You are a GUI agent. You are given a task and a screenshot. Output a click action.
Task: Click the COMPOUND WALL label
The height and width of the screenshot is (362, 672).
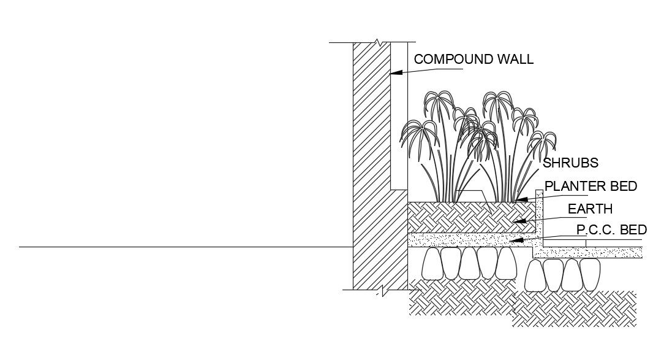point(474,60)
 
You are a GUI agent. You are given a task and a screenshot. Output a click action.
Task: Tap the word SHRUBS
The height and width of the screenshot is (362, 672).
point(570,163)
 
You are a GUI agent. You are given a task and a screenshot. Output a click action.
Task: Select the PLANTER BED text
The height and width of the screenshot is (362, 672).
point(591,186)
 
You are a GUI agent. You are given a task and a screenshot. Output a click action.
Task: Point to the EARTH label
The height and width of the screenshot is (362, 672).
point(589,209)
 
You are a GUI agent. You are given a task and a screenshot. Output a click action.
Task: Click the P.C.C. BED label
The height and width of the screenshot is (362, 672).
point(611,231)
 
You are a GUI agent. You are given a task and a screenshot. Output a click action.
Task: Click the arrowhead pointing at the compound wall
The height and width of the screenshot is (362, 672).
point(396,72)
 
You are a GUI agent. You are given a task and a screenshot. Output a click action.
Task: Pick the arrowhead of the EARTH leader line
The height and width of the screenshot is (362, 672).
point(518,221)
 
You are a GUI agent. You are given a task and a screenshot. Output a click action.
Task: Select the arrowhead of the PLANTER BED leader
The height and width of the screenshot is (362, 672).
point(520,199)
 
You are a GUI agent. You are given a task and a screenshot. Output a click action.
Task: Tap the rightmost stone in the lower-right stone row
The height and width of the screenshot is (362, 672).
point(590,274)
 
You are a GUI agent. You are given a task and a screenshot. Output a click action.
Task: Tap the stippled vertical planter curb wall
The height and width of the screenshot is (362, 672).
point(540,215)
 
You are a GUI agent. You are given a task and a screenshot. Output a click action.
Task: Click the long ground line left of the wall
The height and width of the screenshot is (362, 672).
point(184,247)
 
